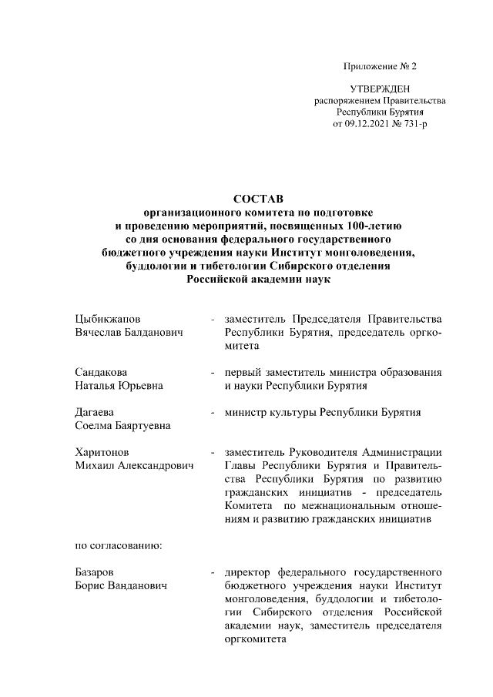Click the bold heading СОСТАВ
(247, 198)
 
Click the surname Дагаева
(95, 412)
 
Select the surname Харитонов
(102, 452)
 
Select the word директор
(247, 572)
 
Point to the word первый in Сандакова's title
(242, 372)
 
